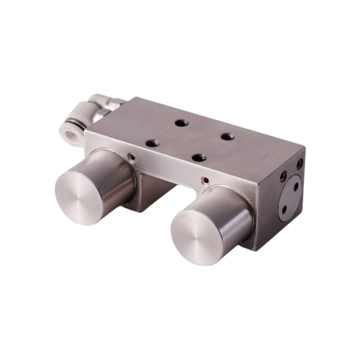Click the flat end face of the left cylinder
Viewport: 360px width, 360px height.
79,193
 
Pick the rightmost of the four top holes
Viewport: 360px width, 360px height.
227,137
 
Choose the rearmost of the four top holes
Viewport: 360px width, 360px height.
181,123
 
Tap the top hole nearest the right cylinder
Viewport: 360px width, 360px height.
199,157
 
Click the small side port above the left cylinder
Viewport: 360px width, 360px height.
131,157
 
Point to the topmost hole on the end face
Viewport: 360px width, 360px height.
299,163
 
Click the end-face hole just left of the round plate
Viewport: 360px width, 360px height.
282,177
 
